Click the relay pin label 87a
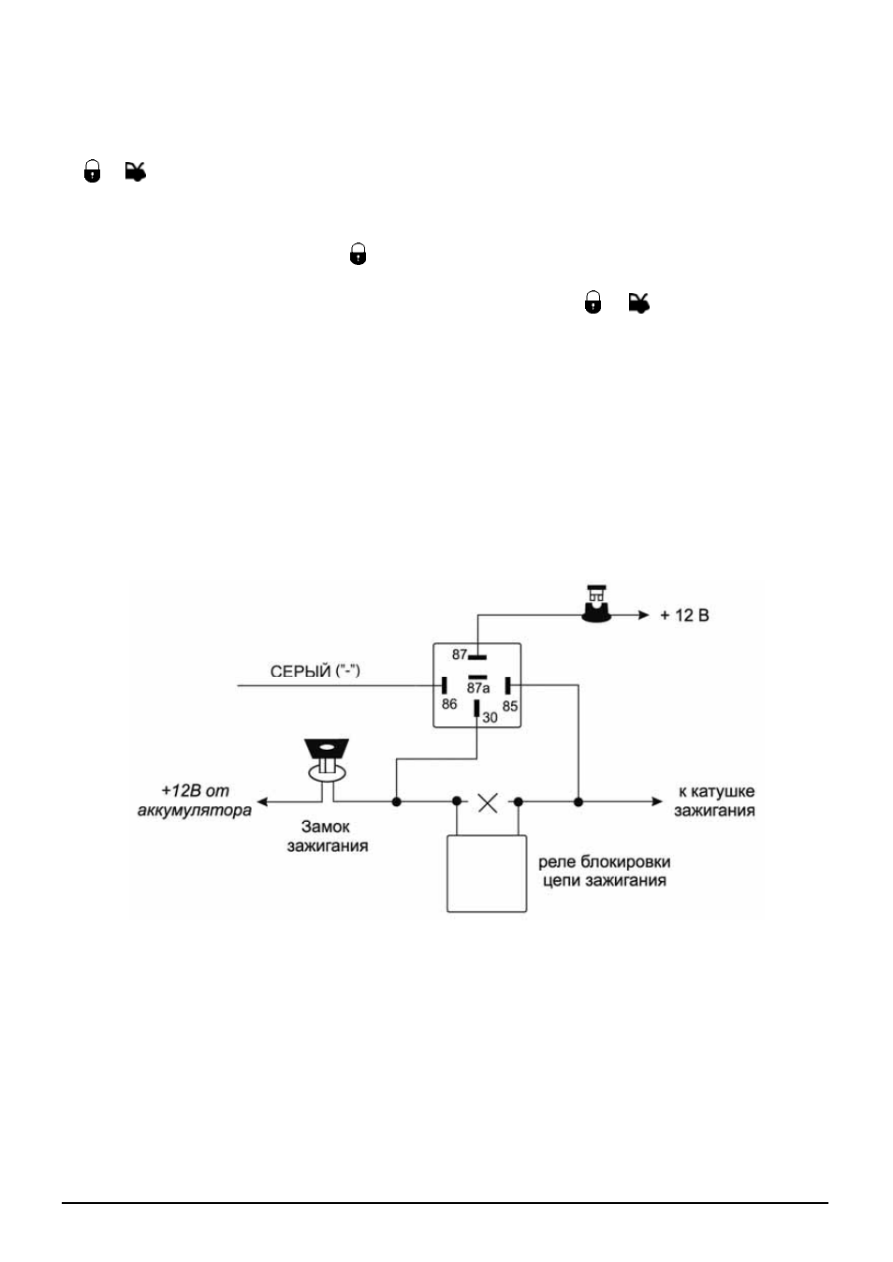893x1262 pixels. (477, 688)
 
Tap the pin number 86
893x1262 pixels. (449, 704)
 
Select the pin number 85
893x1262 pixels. (510, 706)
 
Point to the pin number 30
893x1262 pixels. (490, 717)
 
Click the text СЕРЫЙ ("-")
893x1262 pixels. (315, 671)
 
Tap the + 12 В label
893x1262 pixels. (684, 615)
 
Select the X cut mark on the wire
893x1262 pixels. (488, 803)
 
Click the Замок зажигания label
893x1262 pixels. (328, 836)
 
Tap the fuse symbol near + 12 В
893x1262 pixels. (596, 605)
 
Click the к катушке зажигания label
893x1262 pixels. (714, 800)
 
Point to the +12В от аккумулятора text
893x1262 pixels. (195, 800)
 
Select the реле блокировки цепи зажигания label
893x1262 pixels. (604, 871)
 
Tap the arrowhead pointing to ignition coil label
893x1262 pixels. (657, 801)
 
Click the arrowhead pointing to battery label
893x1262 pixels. (262, 801)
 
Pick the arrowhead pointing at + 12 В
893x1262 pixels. (644, 615)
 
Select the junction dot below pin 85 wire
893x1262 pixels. (578, 801)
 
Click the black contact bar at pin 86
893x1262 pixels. (444, 685)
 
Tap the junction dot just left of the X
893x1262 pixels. (457, 801)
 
